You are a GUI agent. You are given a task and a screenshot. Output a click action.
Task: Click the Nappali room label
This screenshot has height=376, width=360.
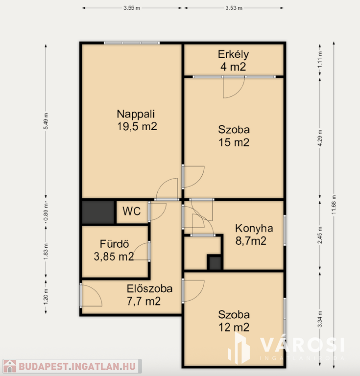click(x=136, y=114)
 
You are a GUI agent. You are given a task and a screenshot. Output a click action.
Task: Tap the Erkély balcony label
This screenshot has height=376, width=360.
click(x=233, y=54)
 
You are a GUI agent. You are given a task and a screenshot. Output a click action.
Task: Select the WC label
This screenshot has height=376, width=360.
click(x=131, y=211)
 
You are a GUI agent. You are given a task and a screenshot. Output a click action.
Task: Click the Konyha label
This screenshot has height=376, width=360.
click(x=254, y=229)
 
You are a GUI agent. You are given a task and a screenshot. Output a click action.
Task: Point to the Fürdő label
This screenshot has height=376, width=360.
click(x=115, y=244)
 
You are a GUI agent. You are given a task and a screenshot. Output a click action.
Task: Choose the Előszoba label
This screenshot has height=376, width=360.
click(x=150, y=289)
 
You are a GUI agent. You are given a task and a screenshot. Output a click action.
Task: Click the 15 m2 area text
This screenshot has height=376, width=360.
click(x=234, y=142)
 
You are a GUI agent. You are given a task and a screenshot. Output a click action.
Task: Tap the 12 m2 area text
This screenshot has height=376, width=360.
click(x=234, y=328)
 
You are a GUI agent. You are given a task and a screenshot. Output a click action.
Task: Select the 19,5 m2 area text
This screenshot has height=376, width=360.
click(x=137, y=126)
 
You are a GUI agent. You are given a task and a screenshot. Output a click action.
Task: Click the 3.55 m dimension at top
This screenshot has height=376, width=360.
click(x=132, y=8)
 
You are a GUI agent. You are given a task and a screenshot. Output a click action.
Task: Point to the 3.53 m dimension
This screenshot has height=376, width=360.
click(x=234, y=8)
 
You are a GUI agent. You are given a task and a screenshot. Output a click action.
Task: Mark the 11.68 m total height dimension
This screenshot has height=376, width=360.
click(x=334, y=205)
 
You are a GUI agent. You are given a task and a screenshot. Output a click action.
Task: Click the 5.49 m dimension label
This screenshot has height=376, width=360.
click(x=46, y=121)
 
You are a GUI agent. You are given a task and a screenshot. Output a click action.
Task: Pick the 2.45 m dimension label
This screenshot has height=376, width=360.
click(x=320, y=235)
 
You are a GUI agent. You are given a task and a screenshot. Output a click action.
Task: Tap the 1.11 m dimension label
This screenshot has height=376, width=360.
click(x=320, y=59)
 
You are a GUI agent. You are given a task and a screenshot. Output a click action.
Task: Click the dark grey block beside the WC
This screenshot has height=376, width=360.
click(x=98, y=212)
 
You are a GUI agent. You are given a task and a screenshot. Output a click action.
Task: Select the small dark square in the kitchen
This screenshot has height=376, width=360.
click(x=215, y=263)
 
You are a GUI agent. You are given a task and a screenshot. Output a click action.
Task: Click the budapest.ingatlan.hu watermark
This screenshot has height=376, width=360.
click(x=72, y=366)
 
